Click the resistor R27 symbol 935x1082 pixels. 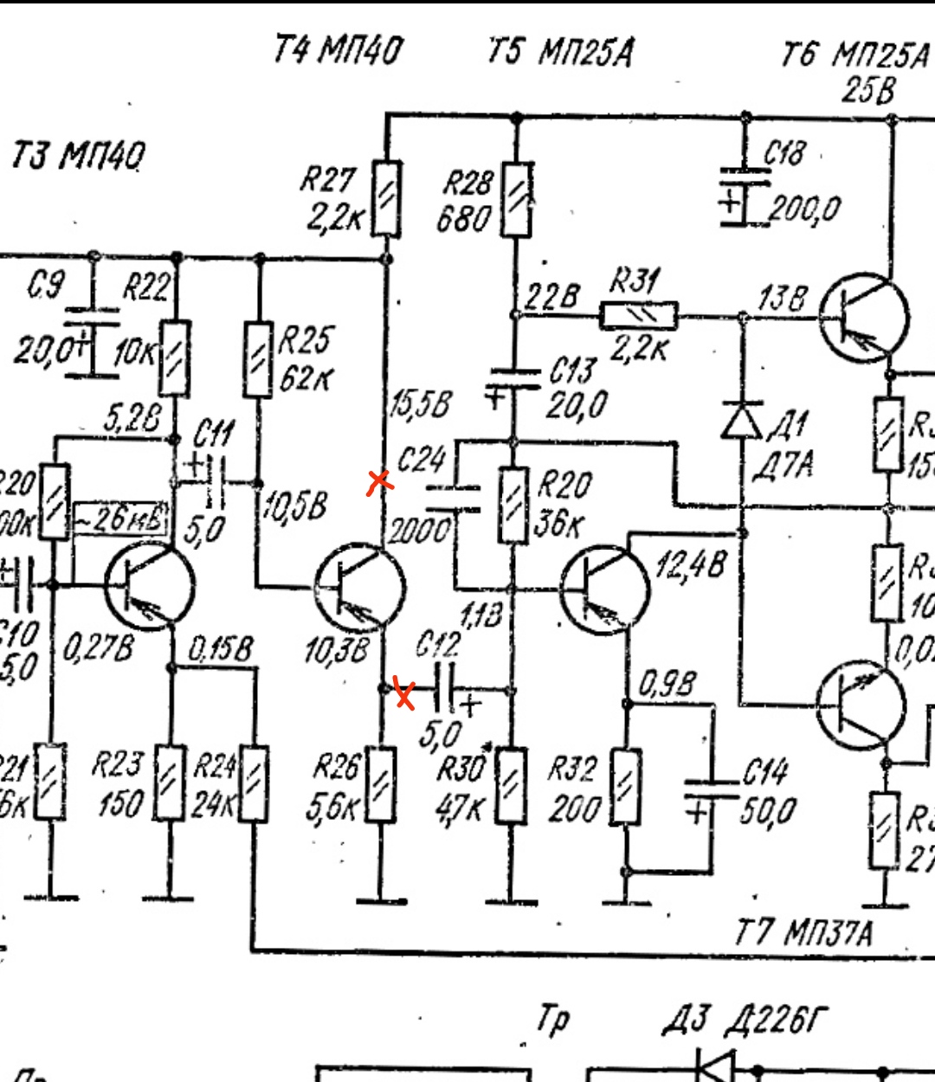coord(386,198)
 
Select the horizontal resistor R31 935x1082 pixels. coord(639,315)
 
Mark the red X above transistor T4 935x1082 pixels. coord(379,482)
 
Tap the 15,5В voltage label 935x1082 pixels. coord(421,404)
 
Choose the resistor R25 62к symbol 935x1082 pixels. coord(257,359)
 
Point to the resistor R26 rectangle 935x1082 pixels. coord(381,784)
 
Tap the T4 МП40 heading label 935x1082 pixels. coord(339,50)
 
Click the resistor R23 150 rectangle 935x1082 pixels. coord(169,783)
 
